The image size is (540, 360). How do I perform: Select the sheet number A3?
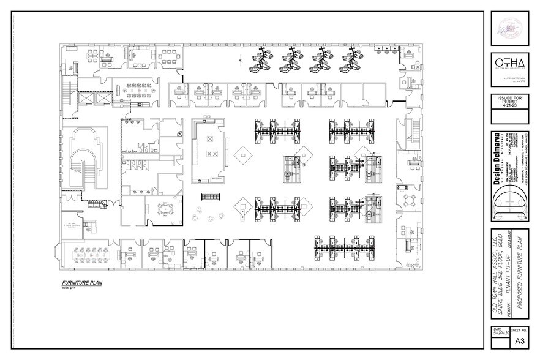pos(519,341)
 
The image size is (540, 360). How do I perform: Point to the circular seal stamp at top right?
pos(508,29)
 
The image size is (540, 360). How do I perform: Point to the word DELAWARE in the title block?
pos(514,247)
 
